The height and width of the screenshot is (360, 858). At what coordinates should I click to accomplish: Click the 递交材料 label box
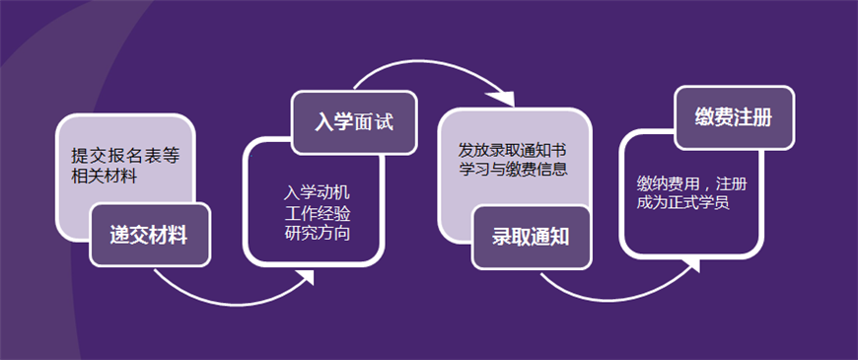[x=150, y=236]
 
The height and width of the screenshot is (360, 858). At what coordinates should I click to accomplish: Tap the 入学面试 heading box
[x=353, y=123]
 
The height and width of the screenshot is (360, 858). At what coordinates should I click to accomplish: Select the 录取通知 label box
[x=531, y=237]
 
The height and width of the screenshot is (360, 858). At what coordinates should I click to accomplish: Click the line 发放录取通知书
[x=511, y=150]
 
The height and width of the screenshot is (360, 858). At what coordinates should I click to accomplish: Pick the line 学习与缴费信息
[x=511, y=169]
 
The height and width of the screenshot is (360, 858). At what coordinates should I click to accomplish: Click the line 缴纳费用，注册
[x=691, y=183]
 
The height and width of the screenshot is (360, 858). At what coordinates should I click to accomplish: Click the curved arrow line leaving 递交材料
[x=217, y=293]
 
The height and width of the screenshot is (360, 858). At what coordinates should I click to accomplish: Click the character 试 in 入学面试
[x=384, y=123]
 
